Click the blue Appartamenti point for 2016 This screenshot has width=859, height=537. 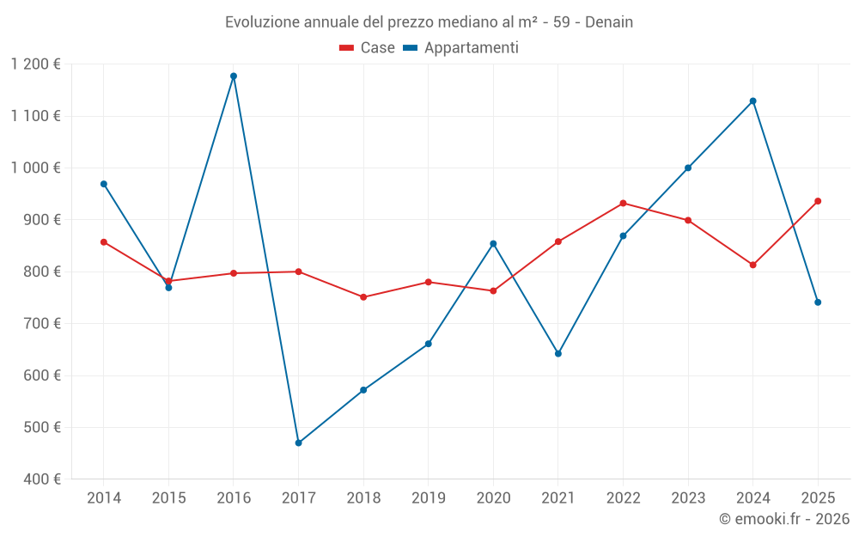[x=234, y=76]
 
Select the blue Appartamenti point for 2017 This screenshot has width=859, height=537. [x=298, y=443]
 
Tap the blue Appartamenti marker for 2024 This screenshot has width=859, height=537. [x=753, y=101]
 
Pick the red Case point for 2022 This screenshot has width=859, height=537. [x=623, y=204]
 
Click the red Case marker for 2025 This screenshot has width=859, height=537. [x=818, y=201]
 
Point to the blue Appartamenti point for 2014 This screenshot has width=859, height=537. [x=104, y=184]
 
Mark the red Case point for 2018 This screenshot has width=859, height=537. [x=363, y=297]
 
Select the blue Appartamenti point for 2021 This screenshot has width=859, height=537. [x=558, y=354]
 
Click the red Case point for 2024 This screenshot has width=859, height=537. [x=753, y=265]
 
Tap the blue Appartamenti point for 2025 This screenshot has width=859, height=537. [x=818, y=302]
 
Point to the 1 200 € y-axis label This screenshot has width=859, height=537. [x=36, y=64]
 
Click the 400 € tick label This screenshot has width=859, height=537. [x=41, y=479]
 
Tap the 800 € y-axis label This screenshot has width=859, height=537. [x=41, y=272]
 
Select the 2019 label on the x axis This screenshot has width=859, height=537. [x=428, y=498]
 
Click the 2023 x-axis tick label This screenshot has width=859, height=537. [x=688, y=498]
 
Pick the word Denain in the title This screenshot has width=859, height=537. [x=609, y=22]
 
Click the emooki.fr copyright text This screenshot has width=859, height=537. [x=783, y=519]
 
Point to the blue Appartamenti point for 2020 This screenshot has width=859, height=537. [x=493, y=244]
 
